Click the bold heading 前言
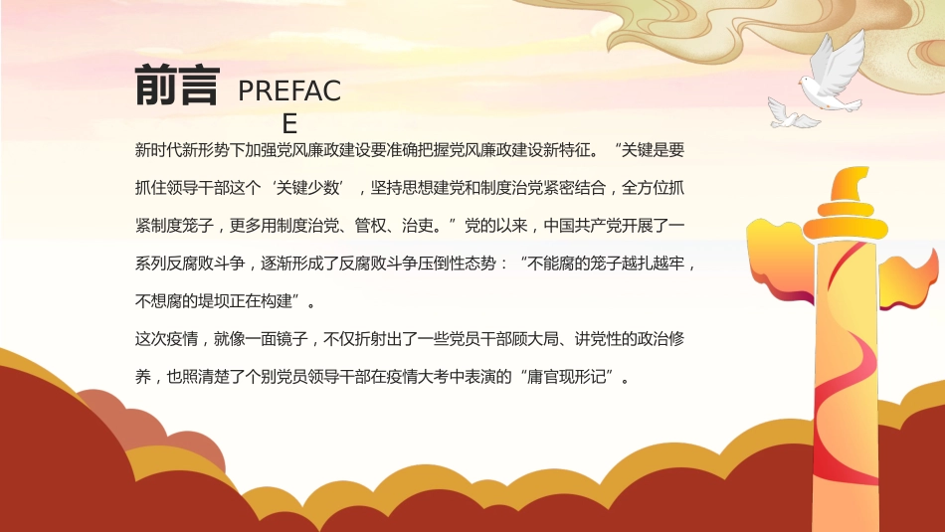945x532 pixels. pyautogui.click(x=176, y=87)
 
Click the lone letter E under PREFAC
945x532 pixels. pyautogui.click(x=289, y=123)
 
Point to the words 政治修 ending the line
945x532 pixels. pyautogui.click(x=660, y=339)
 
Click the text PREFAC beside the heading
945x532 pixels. pyautogui.click(x=289, y=91)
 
